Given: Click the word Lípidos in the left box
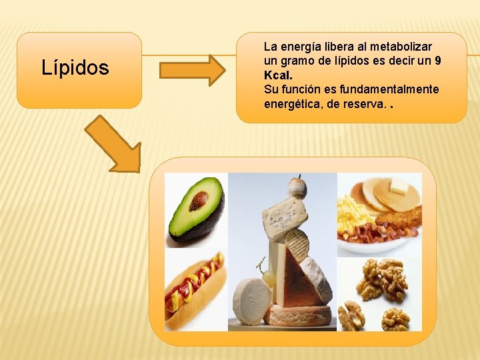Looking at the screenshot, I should coord(75,68).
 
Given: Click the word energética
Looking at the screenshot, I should coord(293,103).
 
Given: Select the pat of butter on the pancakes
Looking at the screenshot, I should coord(398,186).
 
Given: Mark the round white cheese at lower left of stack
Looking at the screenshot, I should coord(251,301).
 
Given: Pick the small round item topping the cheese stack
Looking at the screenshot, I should coord(297,187).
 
